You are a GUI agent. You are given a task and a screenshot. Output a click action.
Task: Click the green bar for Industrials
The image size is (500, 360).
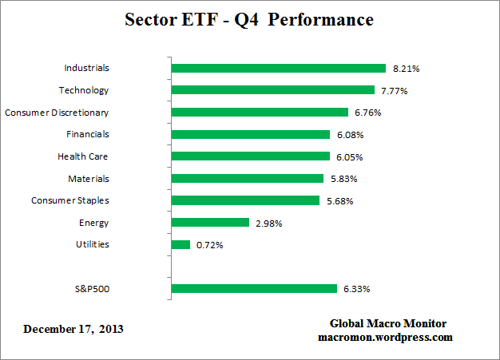[279, 69]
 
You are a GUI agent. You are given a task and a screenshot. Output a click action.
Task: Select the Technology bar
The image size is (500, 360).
[273, 90]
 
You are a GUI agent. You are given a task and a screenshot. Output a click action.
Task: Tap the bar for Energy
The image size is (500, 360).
[211, 223]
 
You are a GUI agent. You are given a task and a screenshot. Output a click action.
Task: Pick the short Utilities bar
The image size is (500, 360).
[181, 244]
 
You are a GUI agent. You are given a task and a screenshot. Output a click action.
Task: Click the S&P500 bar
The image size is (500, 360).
[254, 288]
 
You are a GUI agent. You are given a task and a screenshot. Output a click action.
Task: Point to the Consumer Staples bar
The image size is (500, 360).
[246, 200]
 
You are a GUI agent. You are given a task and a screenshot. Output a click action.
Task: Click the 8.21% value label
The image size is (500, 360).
[406, 69]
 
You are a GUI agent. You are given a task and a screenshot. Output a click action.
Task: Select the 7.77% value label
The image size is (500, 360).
[394, 91]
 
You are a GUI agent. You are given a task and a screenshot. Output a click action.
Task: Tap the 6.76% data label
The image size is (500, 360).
[367, 113]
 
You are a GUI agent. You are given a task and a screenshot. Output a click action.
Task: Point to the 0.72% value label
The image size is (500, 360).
[209, 245]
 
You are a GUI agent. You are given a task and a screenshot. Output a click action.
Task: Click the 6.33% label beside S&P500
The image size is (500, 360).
[356, 289]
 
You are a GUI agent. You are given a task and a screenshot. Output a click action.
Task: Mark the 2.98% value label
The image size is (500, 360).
[268, 223]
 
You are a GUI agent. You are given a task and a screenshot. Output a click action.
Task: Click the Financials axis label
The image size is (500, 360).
[89, 134]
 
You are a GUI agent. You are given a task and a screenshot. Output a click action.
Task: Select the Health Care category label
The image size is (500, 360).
[83, 156]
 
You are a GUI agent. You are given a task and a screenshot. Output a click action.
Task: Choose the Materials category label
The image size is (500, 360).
[89, 179]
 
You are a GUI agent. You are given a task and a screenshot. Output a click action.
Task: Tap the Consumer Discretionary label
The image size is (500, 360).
[57, 113]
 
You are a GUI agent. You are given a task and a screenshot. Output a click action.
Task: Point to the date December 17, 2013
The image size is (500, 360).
[73, 329]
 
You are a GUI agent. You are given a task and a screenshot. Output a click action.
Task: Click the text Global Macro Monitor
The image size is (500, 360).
[388, 323]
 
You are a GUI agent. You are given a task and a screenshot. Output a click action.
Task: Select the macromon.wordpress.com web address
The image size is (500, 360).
[386, 337]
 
